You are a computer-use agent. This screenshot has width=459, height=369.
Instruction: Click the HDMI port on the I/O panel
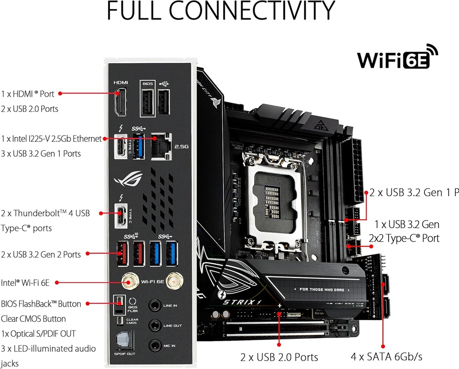point(121,102)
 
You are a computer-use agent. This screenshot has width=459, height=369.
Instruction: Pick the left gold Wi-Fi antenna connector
point(130,282)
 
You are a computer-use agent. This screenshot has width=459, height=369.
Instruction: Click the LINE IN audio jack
point(155,305)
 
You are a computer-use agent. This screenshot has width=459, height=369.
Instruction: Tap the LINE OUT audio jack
point(155,325)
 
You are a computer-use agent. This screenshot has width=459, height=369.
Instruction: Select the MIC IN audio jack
point(155,345)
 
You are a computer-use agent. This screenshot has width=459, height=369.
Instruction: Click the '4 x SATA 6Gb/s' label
point(386,357)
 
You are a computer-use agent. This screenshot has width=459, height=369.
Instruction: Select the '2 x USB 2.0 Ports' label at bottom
point(279,357)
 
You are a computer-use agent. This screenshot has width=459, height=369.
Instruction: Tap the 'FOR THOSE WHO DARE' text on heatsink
point(321,290)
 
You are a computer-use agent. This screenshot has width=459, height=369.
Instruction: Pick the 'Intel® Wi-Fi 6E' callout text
point(25,282)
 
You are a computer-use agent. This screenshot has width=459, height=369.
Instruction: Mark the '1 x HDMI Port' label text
point(27,94)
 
